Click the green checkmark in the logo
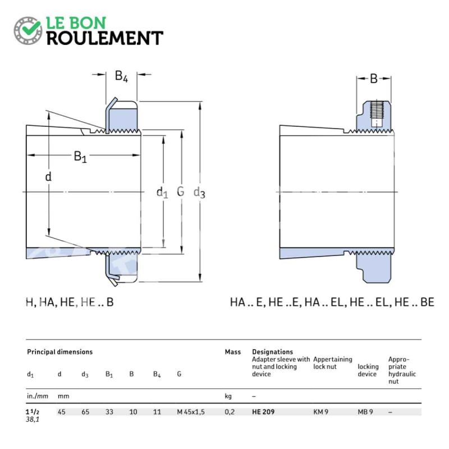[x=31, y=28]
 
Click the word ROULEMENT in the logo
[x=105, y=38]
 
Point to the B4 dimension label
[x=121, y=76]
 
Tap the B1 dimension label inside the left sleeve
[x=80, y=157]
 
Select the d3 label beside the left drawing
[x=199, y=193]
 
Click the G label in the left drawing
[x=180, y=191]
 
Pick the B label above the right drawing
[x=374, y=79]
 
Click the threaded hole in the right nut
[x=377, y=114]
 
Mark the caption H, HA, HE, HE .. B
[x=70, y=302]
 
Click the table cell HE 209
[x=263, y=412]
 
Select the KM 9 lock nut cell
[x=320, y=412]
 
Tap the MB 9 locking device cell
[x=365, y=412]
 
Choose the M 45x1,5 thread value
[x=191, y=412]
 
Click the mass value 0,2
[x=230, y=412]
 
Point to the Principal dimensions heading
[x=60, y=352]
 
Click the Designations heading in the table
[x=273, y=352]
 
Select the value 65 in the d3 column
[x=85, y=412]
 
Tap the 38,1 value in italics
[x=33, y=419]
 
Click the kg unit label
[x=228, y=397]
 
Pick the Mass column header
[x=233, y=352]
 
